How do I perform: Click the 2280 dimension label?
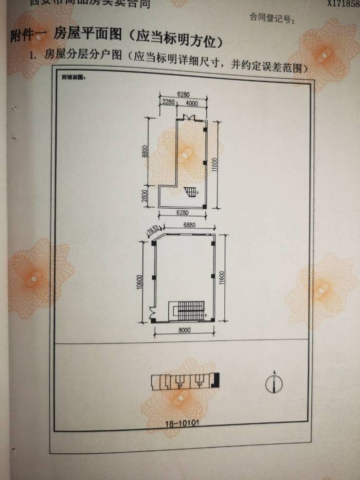pyautogui.click(x=169, y=103)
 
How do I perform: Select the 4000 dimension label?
pyautogui.click(x=191, y=103)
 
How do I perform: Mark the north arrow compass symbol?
pyautogui.click(x=273, y=383)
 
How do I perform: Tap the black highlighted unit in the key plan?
pyautogui.click(x=216, y=380)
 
